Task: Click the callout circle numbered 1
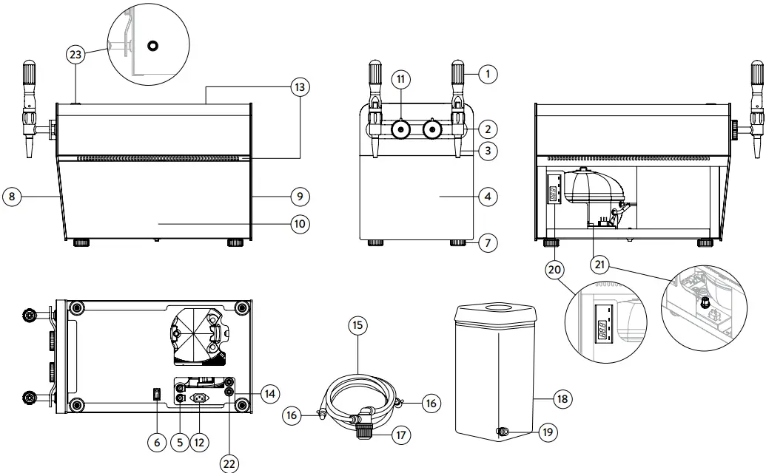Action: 488,73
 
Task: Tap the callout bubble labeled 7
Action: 487,242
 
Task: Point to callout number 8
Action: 12,197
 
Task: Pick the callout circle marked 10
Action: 300,223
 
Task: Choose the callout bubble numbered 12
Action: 199,442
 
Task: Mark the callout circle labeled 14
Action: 270,395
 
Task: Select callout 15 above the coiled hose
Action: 357,325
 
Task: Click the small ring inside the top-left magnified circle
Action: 152,46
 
